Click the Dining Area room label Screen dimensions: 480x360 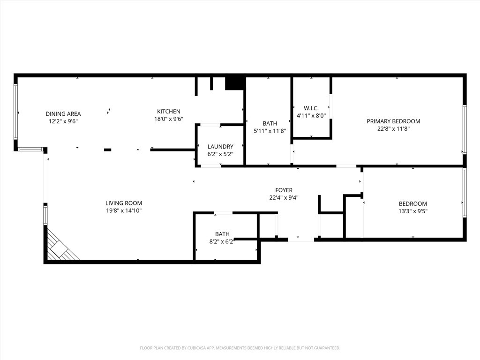pos(63,114)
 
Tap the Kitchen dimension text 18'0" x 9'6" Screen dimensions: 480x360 pos(169,119)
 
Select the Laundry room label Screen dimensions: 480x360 pos(220,147)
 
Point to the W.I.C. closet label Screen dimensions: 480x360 pos(311,108)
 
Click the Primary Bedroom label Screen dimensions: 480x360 pos(393,121)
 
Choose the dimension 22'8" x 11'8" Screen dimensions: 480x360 pos(393,129)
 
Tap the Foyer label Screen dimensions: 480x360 pos(284,190)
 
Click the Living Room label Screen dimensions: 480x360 pos(124,203)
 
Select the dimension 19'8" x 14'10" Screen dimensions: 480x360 pos(124,210)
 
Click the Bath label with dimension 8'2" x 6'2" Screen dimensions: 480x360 pos(222,234)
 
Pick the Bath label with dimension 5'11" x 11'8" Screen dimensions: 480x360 pos(270,123)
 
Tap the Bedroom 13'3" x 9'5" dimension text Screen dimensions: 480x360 pos(413,211)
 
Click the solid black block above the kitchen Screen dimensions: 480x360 pos(234,83)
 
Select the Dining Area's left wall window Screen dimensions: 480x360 pos(15,112)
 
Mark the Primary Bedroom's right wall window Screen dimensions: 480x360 pos(465,129)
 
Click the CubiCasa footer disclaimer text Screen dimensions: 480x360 pos(240,348)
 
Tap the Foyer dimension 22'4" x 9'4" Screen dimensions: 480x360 pos(284,198)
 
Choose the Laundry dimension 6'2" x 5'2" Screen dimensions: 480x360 pos(220,154)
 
